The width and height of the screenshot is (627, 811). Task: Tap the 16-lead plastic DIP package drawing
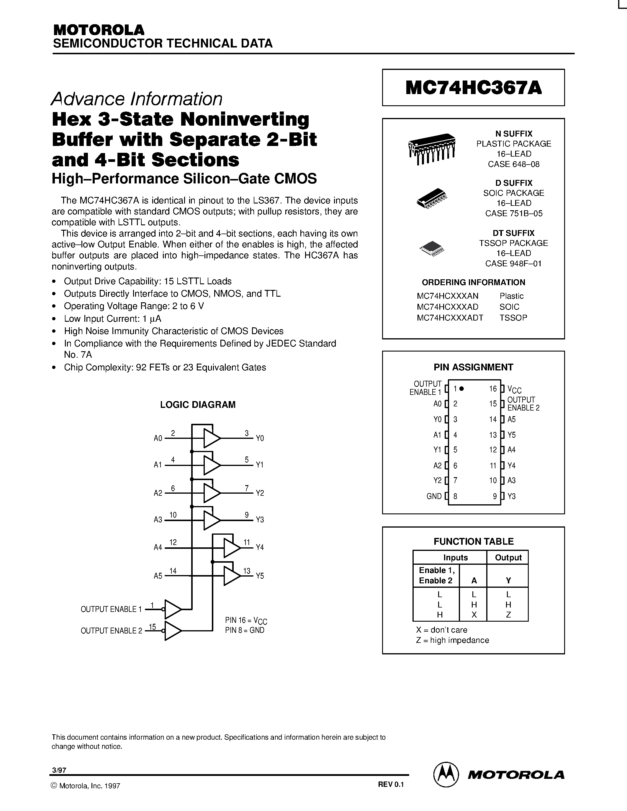coord(432,149)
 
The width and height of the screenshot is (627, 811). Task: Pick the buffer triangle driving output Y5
coord(231,576)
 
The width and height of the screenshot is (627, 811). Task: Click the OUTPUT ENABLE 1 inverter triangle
coord(172,609)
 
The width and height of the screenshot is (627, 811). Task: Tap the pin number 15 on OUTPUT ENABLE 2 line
coord(152,627)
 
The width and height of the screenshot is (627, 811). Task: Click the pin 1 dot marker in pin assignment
coord(461,389)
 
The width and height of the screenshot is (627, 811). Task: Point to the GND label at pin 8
coord(434,496)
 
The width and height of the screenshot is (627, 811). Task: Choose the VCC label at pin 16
coord(515,390)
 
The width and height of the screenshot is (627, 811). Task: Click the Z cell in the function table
coord(508,615)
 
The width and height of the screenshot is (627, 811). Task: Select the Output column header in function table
coord(508,558)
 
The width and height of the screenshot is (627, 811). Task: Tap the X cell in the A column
coord(474,615)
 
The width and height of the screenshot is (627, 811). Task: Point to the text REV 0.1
coord(390,785)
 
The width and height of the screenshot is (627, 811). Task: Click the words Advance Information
coord(137,99)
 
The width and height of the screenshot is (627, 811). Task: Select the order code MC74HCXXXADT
coord(450,318)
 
